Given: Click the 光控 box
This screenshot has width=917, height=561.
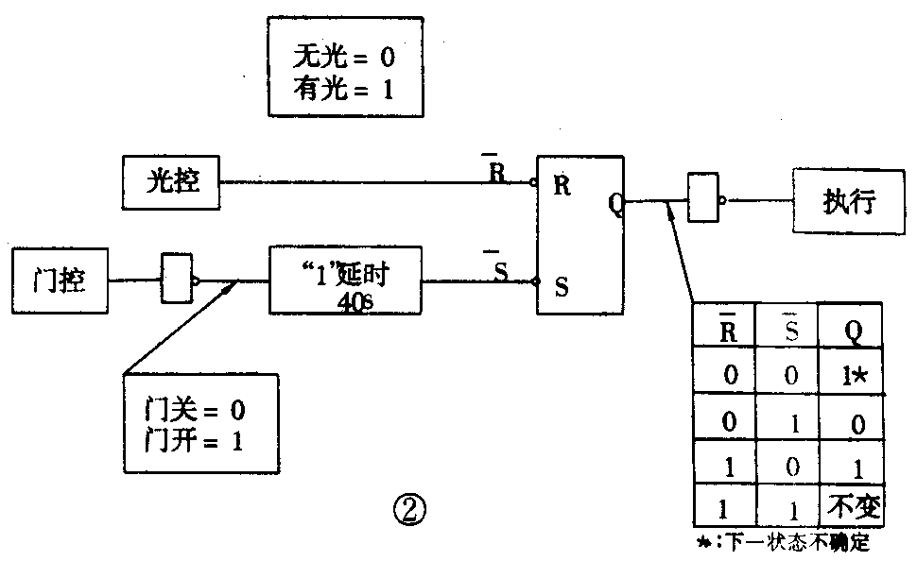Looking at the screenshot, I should click(x=171, y=181).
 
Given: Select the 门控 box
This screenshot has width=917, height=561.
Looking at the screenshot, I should click(x=60, y=280).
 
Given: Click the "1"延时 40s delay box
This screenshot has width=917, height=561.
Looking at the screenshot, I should click(x=345, y=281).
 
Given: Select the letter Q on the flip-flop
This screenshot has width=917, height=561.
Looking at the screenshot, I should click(x=614, y=200).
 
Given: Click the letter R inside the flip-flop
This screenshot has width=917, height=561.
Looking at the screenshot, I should click(x=562, y=185).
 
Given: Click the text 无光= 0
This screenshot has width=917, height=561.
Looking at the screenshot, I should click(x=344, y=59).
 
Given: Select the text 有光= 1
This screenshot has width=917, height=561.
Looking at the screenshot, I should click(x=344, y=91).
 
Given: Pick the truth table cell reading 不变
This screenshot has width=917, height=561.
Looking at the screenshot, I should click(x=853, y=507).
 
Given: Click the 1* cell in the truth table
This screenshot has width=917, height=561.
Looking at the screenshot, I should click(x=853, y=373).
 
